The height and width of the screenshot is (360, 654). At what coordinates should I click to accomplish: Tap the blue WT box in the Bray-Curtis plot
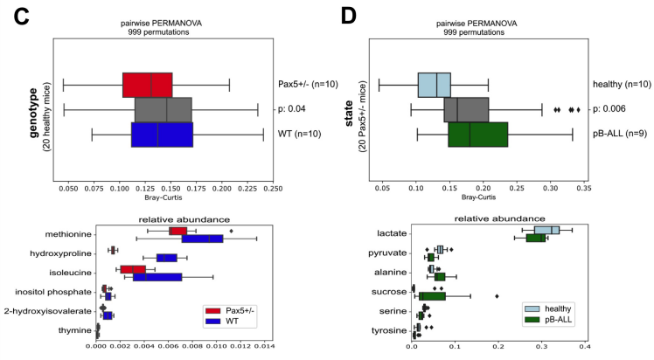tap(162, 135)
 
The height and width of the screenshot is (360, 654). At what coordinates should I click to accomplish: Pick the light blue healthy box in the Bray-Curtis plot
tap(434, 85)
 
